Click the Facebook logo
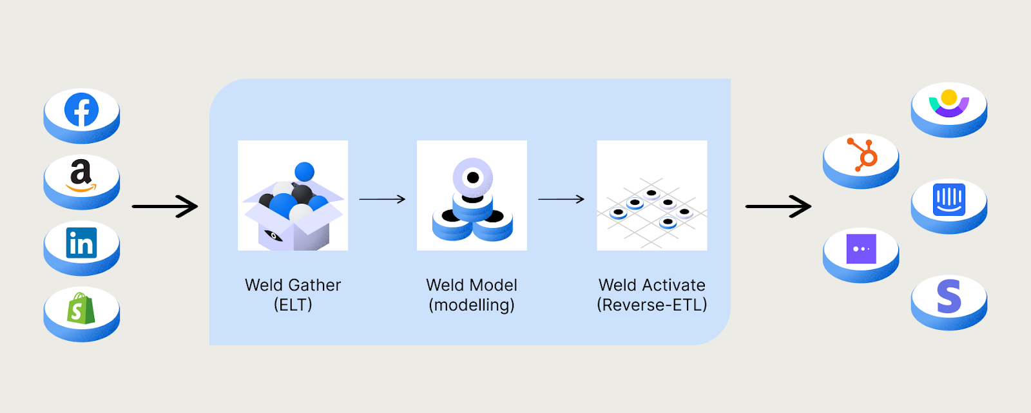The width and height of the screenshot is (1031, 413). pos(81,110)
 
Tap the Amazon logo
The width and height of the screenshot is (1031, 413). pos(81,175)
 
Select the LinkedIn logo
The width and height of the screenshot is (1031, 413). pos(81,243)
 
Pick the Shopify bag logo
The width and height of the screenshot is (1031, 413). pos(81,308)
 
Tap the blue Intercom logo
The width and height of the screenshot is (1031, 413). pos(949,200)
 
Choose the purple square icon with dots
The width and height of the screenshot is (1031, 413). pos(861,249)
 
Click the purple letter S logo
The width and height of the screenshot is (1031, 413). pos(949,296)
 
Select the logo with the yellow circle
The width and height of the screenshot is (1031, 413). pos(949,103)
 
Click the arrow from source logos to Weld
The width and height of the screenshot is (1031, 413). pos(165,207)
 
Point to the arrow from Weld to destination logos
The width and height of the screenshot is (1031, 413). pos(778,207)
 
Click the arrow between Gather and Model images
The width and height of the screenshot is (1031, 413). pos(382,200)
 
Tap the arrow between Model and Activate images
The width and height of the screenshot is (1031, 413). pos(561,200)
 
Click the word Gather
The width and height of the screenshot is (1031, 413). pos(315,285)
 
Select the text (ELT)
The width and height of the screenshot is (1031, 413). pos(293,305)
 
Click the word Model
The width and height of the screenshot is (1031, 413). pos(494,285)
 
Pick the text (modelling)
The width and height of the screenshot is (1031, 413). pos(472,305)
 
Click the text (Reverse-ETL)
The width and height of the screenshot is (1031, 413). pos(652,305)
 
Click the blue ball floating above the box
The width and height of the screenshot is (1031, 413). pos(304,171)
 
